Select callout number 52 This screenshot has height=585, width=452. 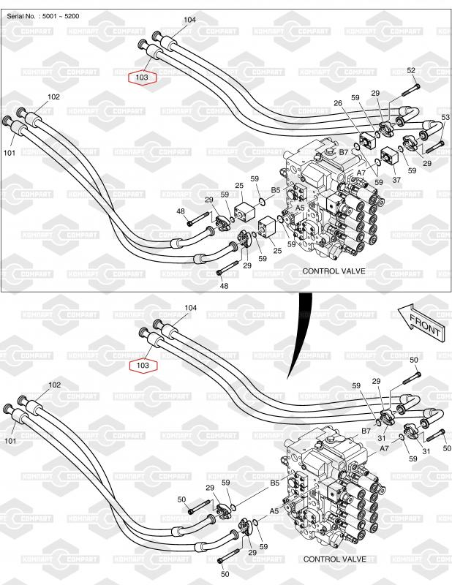411,70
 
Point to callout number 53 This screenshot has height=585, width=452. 445,117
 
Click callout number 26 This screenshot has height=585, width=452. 339,103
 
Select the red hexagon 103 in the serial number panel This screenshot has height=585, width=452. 142,76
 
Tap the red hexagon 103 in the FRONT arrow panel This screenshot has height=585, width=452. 142,364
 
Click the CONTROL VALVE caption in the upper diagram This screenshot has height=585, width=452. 334,271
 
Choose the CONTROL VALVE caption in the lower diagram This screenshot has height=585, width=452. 334,559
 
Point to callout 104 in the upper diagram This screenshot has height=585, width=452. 189,20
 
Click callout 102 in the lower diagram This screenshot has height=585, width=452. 54,385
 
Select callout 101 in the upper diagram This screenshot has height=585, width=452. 10,153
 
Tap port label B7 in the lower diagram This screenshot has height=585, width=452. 366,431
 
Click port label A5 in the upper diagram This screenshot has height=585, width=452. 300,208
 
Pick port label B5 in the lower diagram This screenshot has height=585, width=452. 275,483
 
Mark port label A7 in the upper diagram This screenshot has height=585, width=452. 361,173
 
